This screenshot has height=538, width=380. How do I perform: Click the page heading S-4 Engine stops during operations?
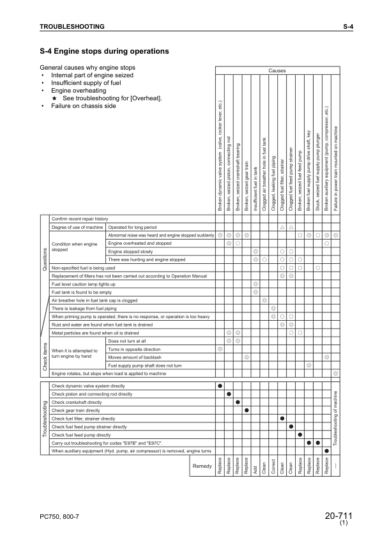pyautogui.click(x=104, y=50)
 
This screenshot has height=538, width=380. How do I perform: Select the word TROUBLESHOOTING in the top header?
pyautogui.click(x=72, y=26)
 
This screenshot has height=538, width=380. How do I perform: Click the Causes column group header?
pyautogui.click(x=277, y=71)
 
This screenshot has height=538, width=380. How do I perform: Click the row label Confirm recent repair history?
pyautogui.click(x=80, y=219)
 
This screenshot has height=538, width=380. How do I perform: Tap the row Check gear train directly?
pyautogui.click(x=76, y=410)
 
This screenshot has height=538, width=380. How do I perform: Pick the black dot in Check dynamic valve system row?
pyautogui.click(x=220, y=386)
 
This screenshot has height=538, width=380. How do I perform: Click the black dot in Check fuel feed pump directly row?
pyautogui.click(x=300, y=434)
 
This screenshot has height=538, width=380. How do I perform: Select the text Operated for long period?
pyautogui.click(x=133, y=227)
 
